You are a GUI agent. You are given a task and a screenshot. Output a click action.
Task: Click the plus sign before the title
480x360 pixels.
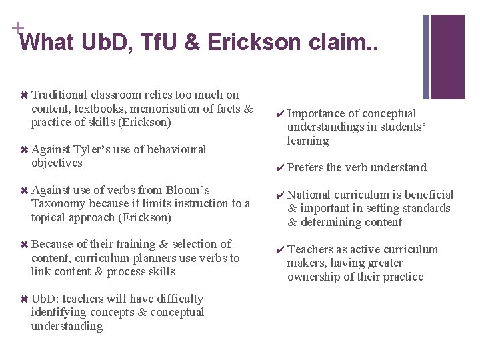15,28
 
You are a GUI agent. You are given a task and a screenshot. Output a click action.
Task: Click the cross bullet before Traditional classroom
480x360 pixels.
25,95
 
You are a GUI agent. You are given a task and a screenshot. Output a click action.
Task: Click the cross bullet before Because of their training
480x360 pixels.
25,245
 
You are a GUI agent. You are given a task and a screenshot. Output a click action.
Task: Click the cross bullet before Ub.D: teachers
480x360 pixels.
25,299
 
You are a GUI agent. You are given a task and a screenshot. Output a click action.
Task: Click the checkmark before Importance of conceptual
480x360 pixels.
281,114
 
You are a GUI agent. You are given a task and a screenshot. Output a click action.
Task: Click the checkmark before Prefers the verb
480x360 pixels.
281,168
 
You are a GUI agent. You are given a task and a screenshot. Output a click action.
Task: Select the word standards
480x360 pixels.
427,209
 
